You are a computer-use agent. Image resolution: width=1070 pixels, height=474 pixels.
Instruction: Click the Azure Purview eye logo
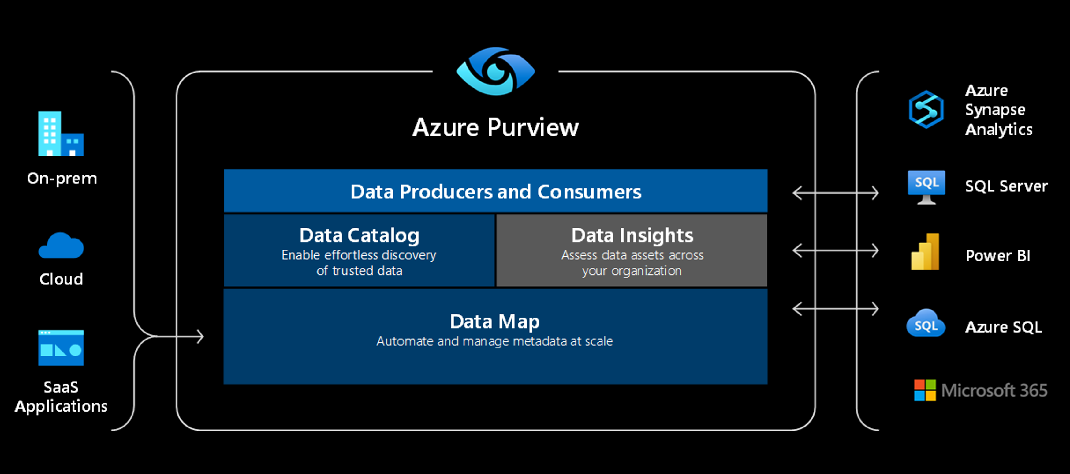495,72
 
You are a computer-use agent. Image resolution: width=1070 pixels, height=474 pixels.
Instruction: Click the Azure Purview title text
495,127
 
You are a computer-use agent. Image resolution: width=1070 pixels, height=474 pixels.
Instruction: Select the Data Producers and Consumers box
495,191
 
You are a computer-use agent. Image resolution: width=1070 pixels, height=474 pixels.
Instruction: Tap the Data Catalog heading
359,235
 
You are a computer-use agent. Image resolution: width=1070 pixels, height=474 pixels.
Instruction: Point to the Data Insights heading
632,235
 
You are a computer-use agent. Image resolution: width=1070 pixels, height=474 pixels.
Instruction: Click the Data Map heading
495,322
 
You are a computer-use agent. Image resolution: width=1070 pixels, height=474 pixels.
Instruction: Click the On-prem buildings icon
61,134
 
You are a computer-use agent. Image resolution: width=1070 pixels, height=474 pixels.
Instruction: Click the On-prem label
62,179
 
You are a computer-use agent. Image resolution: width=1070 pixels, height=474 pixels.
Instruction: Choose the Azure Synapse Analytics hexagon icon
926,109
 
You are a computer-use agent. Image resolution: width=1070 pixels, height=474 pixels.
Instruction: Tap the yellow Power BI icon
925,252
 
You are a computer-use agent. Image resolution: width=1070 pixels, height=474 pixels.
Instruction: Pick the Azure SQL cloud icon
926,323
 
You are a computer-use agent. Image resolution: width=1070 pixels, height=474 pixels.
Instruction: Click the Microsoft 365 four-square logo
925,390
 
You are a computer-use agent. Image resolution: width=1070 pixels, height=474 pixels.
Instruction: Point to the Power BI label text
998,256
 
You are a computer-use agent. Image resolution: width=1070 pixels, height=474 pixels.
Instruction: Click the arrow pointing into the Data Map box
183,336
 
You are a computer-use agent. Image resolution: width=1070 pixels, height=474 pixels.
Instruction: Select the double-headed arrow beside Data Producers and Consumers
835,193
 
